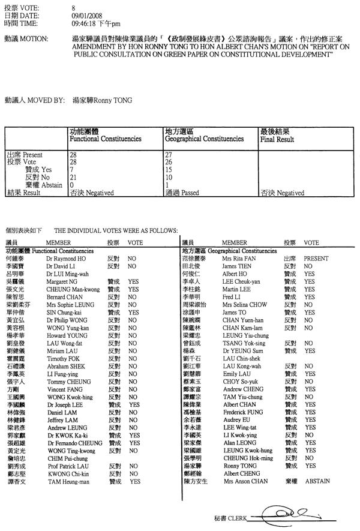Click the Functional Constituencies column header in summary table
106,139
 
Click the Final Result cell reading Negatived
282,193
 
